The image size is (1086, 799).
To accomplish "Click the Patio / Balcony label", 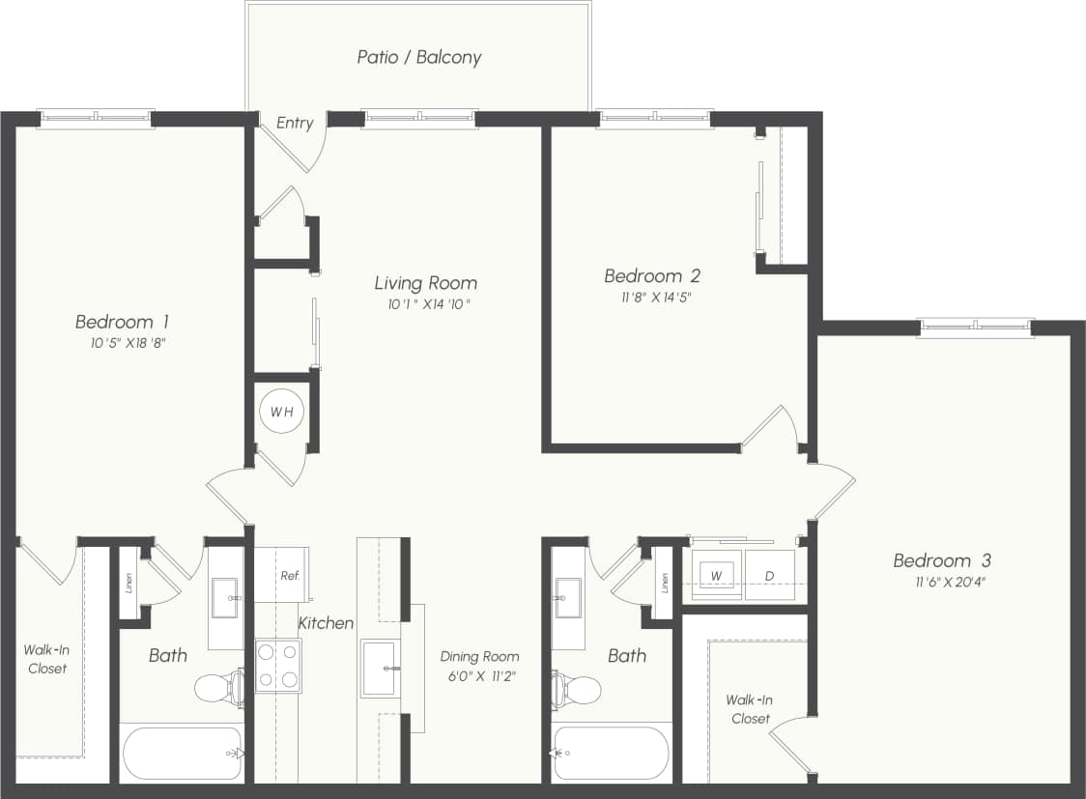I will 418,57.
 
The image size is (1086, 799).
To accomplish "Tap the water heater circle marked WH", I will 281,413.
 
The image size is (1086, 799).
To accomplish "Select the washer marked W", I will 716,576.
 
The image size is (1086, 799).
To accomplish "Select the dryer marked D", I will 770,576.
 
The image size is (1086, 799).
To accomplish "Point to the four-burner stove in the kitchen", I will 278,666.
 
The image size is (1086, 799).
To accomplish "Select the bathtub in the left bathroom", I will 181,753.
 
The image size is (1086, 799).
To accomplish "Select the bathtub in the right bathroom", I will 611,753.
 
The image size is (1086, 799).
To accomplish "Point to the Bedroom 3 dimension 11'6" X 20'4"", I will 941,582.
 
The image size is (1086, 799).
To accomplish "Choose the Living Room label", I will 425,283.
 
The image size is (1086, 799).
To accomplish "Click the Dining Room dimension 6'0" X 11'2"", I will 479,676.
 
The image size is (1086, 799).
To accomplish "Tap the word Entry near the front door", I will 295,123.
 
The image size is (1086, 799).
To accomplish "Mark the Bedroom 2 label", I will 652,276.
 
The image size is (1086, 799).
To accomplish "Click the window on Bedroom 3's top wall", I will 975,328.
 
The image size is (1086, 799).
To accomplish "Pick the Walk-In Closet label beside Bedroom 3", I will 750,709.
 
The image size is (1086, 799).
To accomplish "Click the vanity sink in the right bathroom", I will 567,597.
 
